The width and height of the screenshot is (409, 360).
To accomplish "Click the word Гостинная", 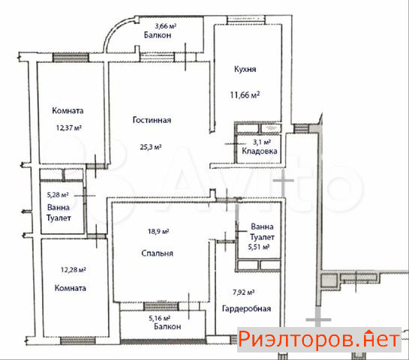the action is tap(152, 120).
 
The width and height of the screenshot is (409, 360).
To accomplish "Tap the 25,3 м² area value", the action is tap(151, 147).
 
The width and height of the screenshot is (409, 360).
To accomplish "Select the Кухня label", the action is tap(245, 69).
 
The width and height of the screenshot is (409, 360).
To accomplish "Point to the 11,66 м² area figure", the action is tap(245, 94).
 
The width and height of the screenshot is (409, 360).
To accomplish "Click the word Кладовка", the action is tap(260, 151).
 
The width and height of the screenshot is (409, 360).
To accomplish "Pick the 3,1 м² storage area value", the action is tap(262, 142).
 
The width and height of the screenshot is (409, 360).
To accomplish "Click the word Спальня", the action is tap(157, 253).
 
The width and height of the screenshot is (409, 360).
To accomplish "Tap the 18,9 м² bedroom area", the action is tap(158, 231).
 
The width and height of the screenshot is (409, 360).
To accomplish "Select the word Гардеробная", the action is tap(246, 309).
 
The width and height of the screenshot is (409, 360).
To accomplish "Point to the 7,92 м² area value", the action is tap(243, 292).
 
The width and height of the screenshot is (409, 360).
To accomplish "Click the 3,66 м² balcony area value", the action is tap(165, 26).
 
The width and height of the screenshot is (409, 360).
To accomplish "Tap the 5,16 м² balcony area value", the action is tap(159, 318).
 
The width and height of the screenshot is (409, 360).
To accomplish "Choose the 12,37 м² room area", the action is tap(69, 127).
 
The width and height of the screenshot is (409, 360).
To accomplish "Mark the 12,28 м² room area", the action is tap(74, 269).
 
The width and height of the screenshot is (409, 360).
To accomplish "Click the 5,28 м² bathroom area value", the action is tap(58, 194).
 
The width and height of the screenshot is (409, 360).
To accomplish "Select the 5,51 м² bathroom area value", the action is tap(258, 247).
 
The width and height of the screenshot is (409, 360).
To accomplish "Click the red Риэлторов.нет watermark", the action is tap(319, 340).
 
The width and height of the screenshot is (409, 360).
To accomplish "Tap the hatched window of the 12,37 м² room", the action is tap(71, 57).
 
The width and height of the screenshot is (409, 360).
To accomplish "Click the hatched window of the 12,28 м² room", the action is tap(78, 340).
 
